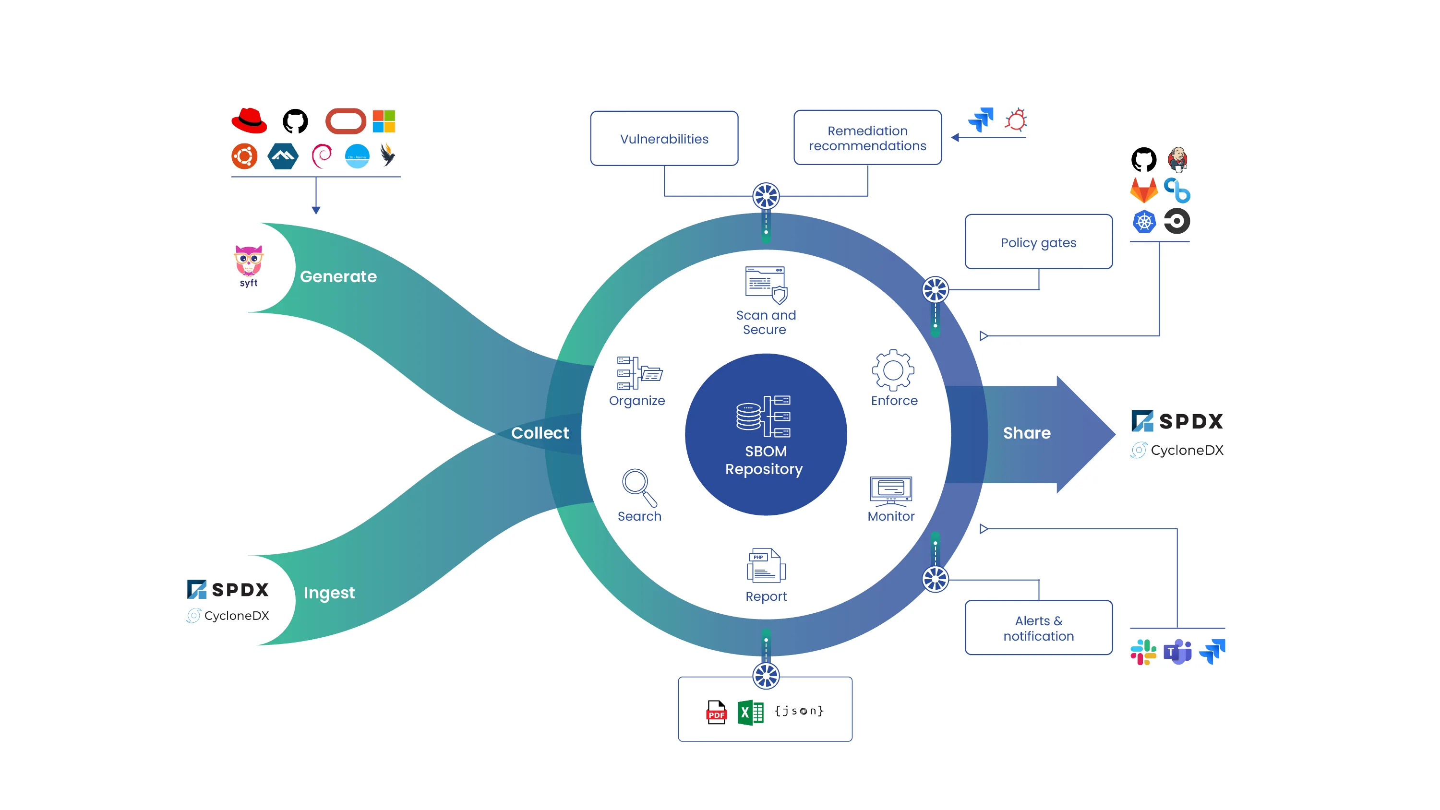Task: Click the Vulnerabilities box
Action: pyautogui.click(x=664, y=139)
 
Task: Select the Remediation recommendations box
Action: pyautogui.click(x=867, y=138)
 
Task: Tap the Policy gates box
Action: pyautogui.click(x=1038, y=242)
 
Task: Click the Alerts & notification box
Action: pyautogui.click(x=1038, y=628)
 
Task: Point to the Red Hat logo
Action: pyautogui.click(x=249, y=121)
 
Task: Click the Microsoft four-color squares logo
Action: pyautogui.click(x=384, y=121)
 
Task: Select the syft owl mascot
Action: pyautogui.click(x=248, y=261)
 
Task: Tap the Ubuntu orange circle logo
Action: pyautogui.click(x=244, y=156)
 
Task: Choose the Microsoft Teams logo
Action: pyautogui.click(x=1177, y=652)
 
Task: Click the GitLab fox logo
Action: pyautogui.click(x=1144, y=191)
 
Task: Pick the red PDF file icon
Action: pyautogui.click(x=716, y=712)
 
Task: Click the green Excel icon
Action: pyautogui.click(x=750, y=712)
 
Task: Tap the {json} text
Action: pyautogui.click(x=799, y=711)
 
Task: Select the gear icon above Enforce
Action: pyautogui.click(x=893, y=370)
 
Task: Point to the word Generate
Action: pyautogui.click(x=338, y=276)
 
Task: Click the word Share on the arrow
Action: pyautogui.click(x=1026, y=433)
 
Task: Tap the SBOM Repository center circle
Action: pyautogui.click(x=765, y=434)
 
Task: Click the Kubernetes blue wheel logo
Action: pyautogui.click(x=1144, y=222)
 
